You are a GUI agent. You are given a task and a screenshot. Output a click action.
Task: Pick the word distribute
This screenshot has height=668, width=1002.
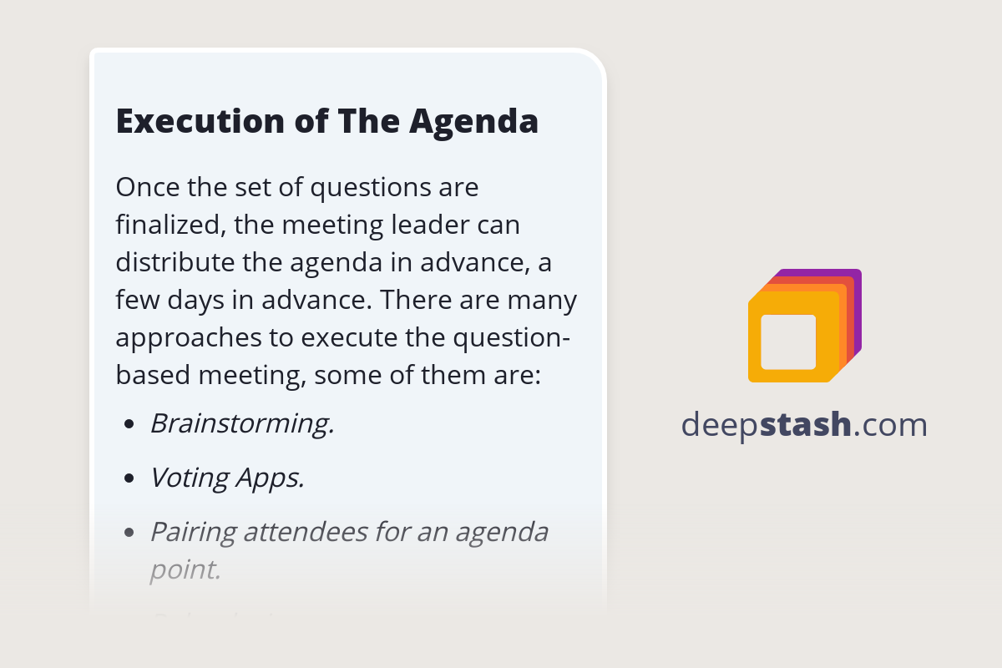171,262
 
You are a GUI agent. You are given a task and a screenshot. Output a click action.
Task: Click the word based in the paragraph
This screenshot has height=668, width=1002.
153,376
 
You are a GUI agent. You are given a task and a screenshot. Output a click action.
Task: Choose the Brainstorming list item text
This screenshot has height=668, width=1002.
242,424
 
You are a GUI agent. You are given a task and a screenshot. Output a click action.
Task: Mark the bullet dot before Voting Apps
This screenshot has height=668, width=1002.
129,479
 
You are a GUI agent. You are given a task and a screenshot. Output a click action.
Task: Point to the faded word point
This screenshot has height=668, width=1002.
185,569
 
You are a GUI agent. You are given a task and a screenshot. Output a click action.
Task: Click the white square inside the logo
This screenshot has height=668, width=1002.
788,342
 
